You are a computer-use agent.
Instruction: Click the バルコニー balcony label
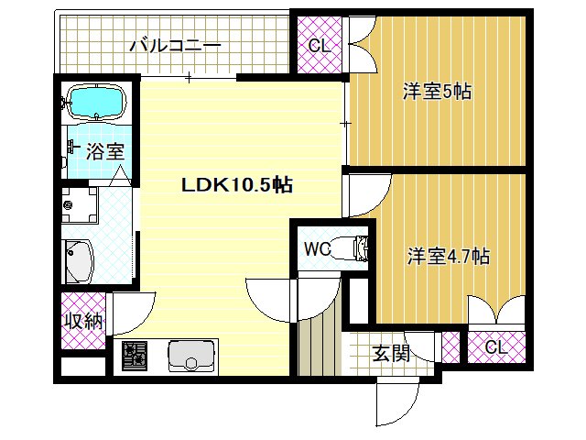[174, 44]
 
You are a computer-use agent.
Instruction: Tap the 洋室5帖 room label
[438, 92]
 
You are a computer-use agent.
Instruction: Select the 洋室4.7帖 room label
[448, 256]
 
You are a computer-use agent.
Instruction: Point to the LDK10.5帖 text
[236, 184]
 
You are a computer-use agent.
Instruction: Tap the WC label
[317, 248]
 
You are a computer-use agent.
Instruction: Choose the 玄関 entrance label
[391, 353]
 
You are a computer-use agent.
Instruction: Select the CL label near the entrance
[495, 347]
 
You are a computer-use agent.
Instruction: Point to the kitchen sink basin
[191, 354]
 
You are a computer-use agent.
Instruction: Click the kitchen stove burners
[136, 355]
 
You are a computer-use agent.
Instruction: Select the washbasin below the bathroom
[80, 261]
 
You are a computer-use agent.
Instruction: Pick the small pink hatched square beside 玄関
[450, 347]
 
